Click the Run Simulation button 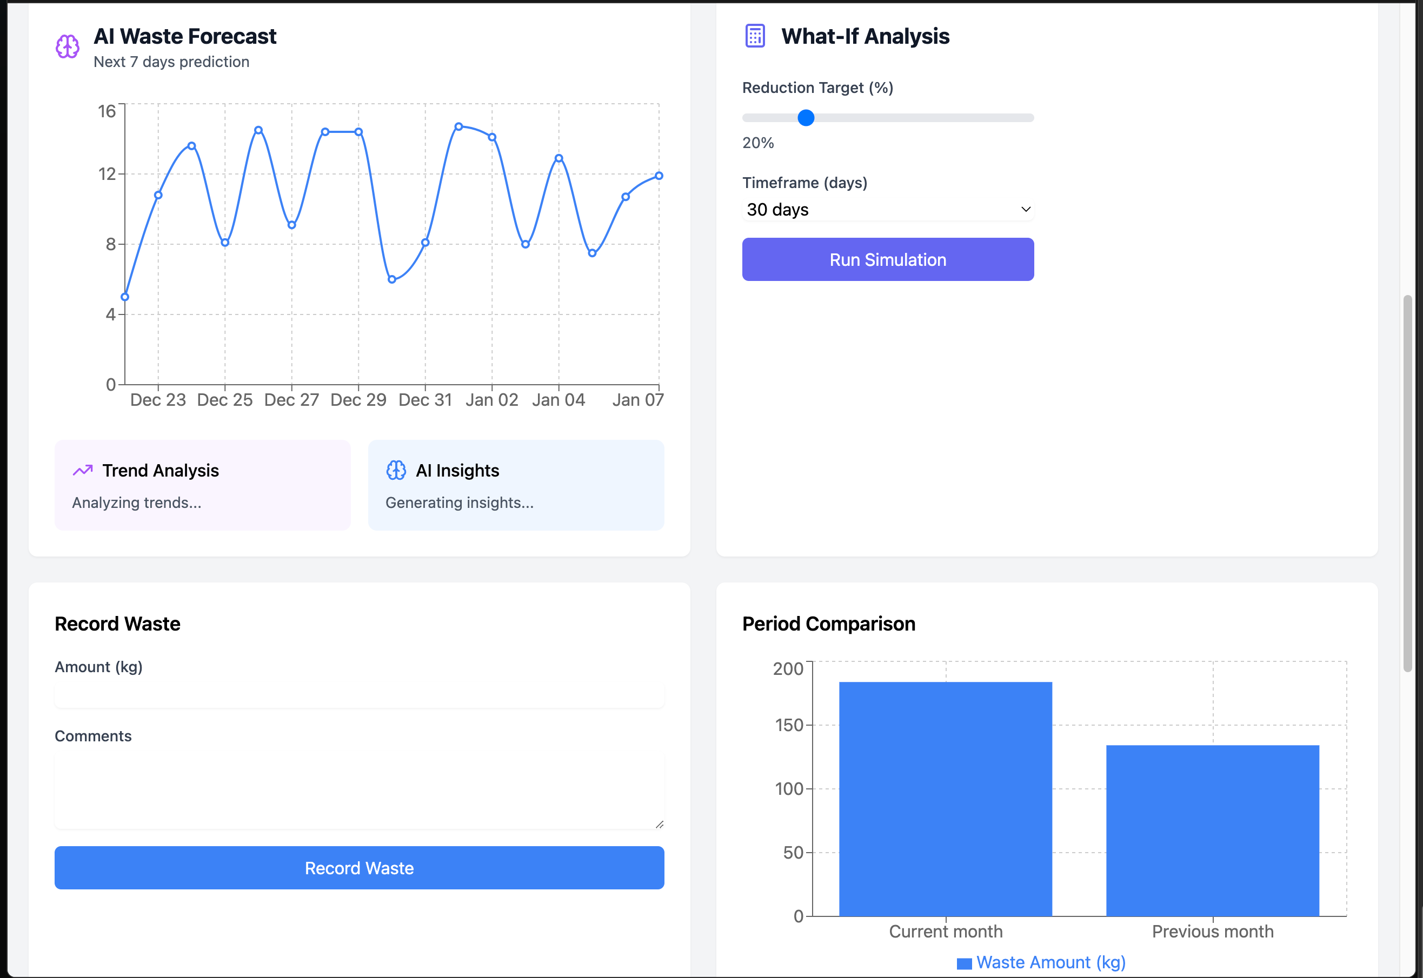(887, 260)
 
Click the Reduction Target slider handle (806, 118)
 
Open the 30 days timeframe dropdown (887, 210)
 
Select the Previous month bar (1212, 830)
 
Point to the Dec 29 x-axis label (358, 400)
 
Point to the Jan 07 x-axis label (637, 400)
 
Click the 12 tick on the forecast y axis (107, 174)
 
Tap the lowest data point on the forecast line (125, 297)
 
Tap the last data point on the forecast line (659, 176)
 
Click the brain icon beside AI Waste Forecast (68, 46)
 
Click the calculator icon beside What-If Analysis (755, 36)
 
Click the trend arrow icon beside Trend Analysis (83, 470)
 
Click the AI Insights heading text (457, 470)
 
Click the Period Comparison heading (828, 624)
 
